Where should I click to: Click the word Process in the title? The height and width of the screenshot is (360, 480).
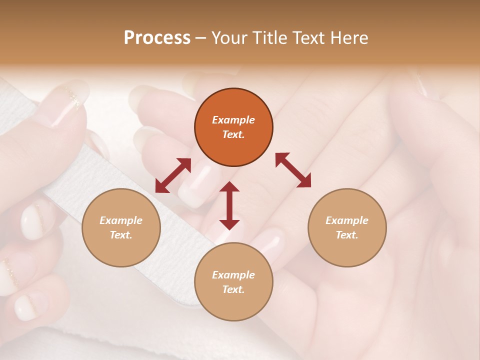click(x=157, y=38)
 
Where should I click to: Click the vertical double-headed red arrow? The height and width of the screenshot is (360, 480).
click(x=229, y=205)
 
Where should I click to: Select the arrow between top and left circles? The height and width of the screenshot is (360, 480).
click(x=173, y=175)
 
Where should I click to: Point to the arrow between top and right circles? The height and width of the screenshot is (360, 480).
click(x=293, y=170)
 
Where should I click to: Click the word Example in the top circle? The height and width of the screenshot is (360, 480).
click(x=233, y=120)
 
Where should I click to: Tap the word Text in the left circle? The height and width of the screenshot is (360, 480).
click(x=120, y=235)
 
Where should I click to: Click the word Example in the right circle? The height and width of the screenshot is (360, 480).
click(x=347, y=220)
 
